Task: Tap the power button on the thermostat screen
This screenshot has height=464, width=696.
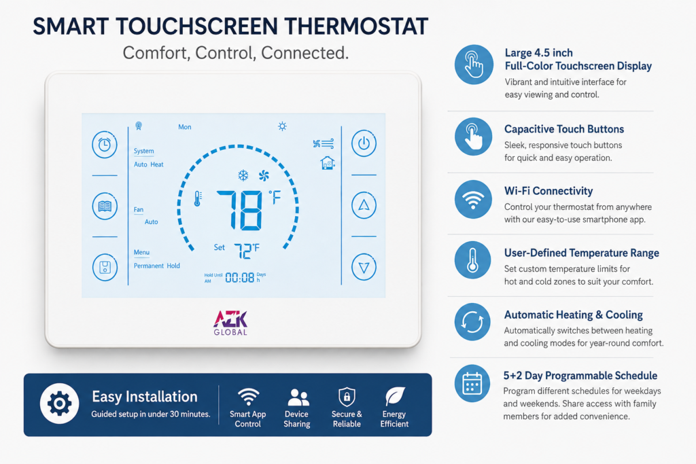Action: (x=364, y=143)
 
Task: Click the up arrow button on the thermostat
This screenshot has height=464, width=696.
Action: (x=364, y=205)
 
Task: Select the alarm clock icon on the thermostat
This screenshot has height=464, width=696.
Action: (x=105, y=145)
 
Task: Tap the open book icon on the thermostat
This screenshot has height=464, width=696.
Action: (x=105, y=207)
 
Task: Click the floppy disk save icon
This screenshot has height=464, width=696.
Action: (x=105, y=268)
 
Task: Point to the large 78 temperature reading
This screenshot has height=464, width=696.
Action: (x=240, y=211)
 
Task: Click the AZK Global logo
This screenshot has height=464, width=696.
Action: (x=230, y=323)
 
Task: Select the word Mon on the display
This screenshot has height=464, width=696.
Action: (x=185, y=127)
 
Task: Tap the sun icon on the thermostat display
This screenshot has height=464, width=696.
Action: (x=282, y=126)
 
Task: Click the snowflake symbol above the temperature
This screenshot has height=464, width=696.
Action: (x=243, y=175)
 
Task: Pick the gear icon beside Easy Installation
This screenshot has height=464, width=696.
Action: (x=60, y=404)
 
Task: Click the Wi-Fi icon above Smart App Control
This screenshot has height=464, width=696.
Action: (x=248, y=397)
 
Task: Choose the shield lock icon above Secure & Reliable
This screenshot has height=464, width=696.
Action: (x=347, y=397)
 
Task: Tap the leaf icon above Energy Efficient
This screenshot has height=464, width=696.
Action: (x=395, y=396)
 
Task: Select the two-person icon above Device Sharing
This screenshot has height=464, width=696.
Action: (x=298, y=397)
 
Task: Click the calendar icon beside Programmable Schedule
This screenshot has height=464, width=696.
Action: (x=472, y=384)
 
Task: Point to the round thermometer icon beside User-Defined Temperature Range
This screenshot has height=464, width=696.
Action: (x=473, y=260)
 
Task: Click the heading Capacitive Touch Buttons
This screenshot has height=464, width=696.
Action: (x=563, y=129)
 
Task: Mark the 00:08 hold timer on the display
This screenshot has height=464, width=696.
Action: (x=240, y=278)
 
